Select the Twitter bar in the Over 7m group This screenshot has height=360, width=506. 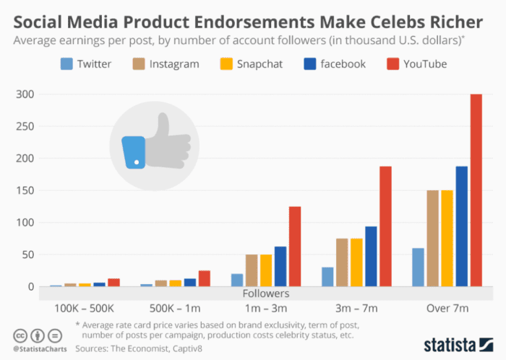pos(417,267)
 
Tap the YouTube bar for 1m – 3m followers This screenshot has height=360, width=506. pos(294,247)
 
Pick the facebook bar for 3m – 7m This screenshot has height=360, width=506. pos(371,257)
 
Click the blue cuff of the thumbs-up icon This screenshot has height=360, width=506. pos(134,151)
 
